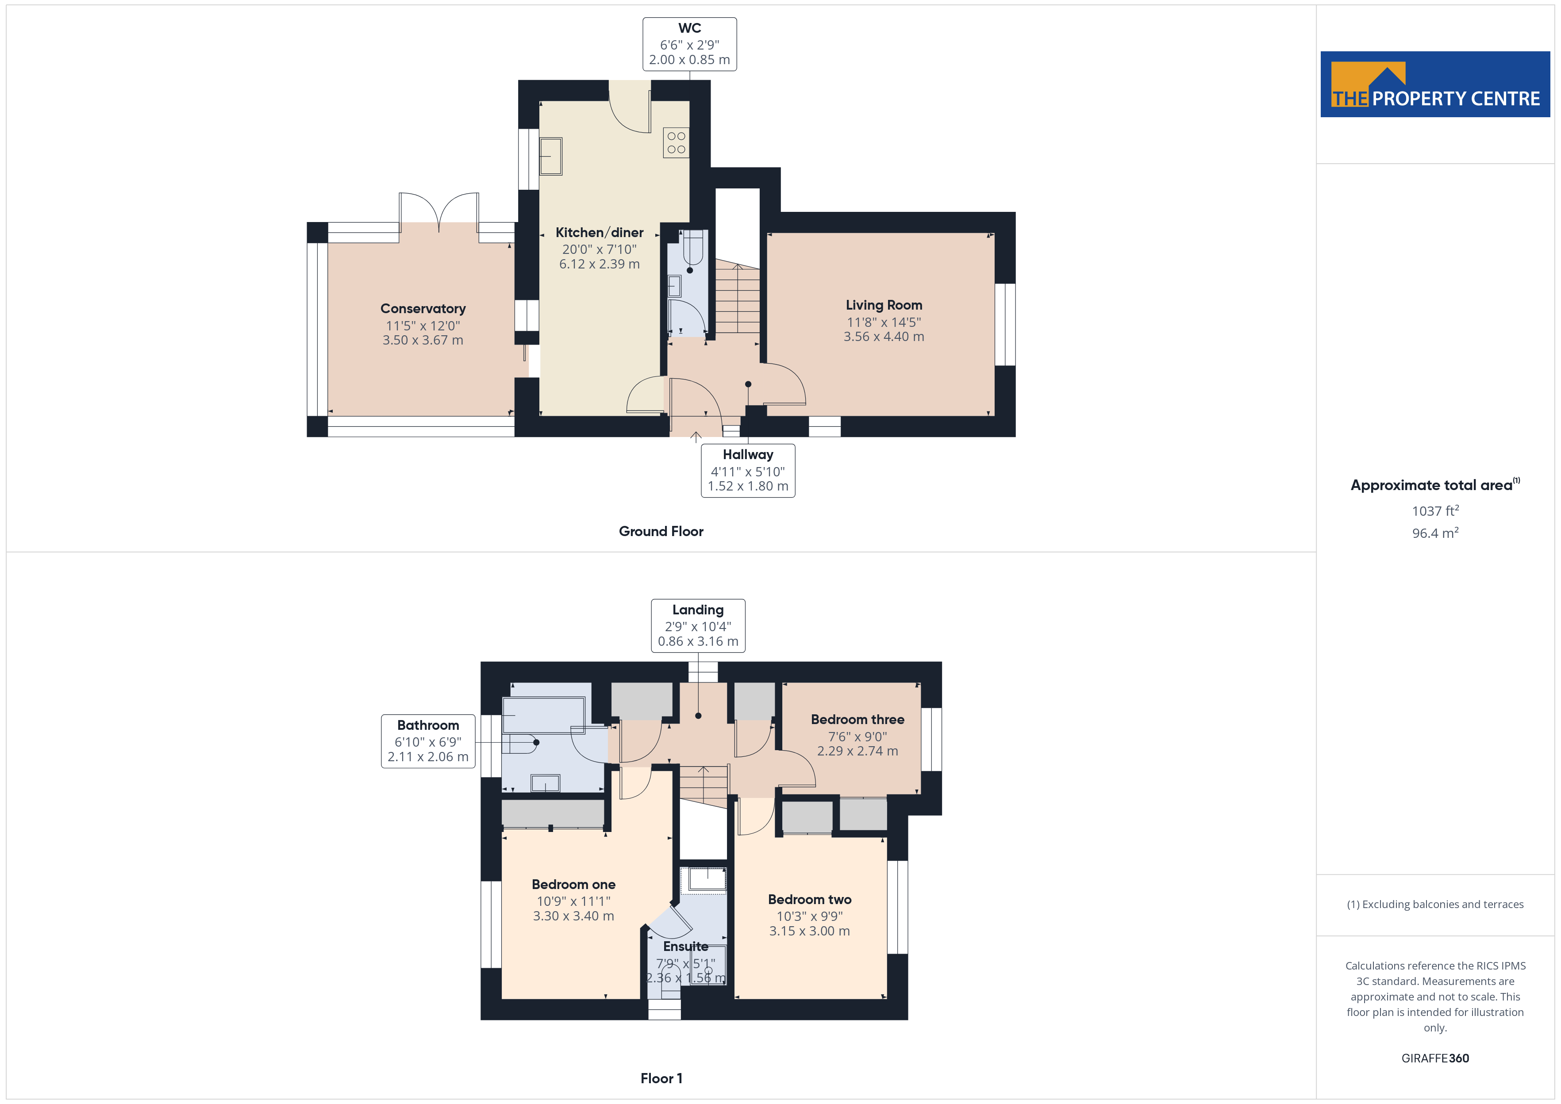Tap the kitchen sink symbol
(551, 156)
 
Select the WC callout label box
(689, 44)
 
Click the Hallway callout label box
(748, 471)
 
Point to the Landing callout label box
(698, 625)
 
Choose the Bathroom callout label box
(428, 741)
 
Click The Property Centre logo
(1435, 84)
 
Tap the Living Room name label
(884, 305)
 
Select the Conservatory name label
(423, 309)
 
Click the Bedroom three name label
(857, 719)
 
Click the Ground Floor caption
(661, 532)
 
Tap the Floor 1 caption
(661, 1078)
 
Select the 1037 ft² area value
(1435, 510)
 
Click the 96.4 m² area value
(1435, 533)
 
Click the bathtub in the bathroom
(543, 715)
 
